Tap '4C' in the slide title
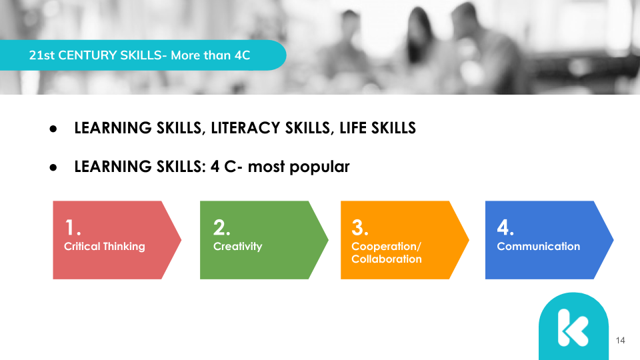(x=242, y=55)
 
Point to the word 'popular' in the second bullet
(x=319, y=167)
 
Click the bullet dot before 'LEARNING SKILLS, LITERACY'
(x=53, y=129)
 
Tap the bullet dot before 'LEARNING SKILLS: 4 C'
(x=53, y=167)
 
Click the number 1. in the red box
(x=73, y=227)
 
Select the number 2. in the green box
(x=221, y=227)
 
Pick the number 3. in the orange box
(x=360, y=227)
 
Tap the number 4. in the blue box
(x=505, y=227)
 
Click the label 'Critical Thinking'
(x=105, y=247)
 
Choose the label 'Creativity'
(x=237, y=247)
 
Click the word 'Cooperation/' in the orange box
(x=386, y=247)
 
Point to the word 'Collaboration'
(x=387, y=259)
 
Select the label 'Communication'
(x=539, y=246)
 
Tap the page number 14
(x=621, y=341)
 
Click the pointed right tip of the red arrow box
(x=181, y=240)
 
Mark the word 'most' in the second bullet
(x=266, y=167)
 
